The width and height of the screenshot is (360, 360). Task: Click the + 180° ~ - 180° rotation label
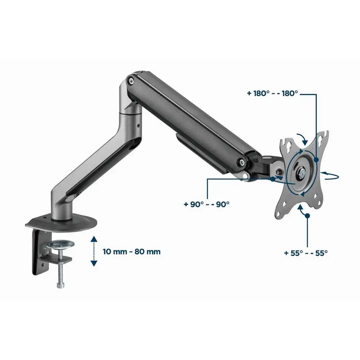tap(273, 94)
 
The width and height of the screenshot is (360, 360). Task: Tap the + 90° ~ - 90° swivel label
tap(207, 204)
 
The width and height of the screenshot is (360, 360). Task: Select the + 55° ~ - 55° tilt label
tap(306, 253)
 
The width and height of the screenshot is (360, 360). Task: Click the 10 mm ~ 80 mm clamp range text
tap(132, 251)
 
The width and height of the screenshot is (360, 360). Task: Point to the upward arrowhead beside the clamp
tap(94, 239)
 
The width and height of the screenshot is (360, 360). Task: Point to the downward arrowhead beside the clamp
tap(94, 263)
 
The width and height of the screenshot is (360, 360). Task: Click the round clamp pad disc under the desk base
tap(60, 244)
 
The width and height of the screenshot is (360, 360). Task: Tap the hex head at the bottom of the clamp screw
tap(60, 285)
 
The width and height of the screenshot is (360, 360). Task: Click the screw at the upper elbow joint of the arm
tap(131, 80)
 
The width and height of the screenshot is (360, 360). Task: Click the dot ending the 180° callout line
tap(316, 159)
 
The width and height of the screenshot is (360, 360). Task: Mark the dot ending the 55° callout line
tap(307, 215)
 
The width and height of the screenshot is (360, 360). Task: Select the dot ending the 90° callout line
tap(273, 179)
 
